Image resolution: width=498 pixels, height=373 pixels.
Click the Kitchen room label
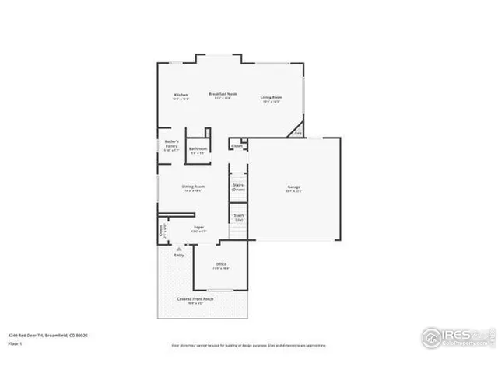tap(181, 96)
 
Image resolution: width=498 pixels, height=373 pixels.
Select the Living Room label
tap(272, 98)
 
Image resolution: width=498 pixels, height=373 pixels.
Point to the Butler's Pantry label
tap(172, 144)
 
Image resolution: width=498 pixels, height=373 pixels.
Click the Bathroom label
tap(198, 149)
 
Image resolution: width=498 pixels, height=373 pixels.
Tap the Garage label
tap(293, 187)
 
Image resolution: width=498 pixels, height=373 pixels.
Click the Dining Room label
tap(194, 186)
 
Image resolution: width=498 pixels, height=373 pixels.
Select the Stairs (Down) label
tap(239, 186)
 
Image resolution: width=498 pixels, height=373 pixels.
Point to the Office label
tap(221, 265)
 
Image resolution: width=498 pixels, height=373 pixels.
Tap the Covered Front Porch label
tap(195, 298)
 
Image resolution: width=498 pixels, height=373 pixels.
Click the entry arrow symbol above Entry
tap(178, 248)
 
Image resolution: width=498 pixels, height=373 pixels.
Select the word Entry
tap(179, 255)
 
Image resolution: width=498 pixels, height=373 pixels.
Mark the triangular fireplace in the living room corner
tap(297, 131)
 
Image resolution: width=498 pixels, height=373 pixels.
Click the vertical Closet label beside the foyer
tap(161, 231)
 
